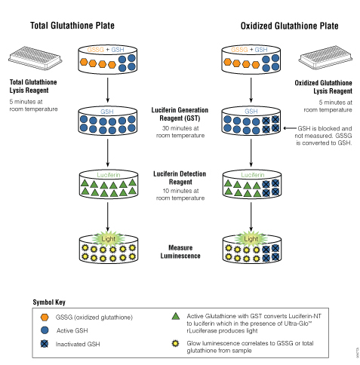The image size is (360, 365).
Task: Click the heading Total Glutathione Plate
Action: pyautogui.click(x=72, y=26)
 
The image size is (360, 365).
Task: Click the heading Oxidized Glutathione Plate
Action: pyautogui.click(x=289, y=26)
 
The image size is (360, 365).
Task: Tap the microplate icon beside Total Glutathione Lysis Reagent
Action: pyautogui.click(x=35, y=58)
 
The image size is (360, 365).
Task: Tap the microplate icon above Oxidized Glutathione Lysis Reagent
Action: pyautogui.click(x=325, y=57)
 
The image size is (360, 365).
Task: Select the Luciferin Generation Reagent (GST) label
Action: pyautogui.click(x=180, y=114)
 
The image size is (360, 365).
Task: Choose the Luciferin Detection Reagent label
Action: pyautogui.click(x=180, y=178)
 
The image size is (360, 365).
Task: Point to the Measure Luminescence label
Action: pyautogui.click(x=180, y=252)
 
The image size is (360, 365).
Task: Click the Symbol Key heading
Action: pyautogui.click(x=49, y=302)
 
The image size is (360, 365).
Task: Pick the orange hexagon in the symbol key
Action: pyautogui.click(x=45, y=317)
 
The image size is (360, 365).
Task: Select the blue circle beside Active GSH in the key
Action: pyautogui.click(x=45, y=330)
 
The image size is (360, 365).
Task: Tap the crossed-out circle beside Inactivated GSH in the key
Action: pyautogui.click(x=45, y=344)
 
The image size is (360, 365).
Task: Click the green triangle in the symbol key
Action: pyautogui.click(x=176, y=316)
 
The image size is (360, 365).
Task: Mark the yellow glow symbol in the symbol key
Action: pyautogui.click(x=175, y=343)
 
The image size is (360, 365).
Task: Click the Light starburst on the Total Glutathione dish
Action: pyautogui.click(x=109, y=238)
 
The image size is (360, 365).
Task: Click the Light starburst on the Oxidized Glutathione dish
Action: pyautogui.click(x=251, y=238)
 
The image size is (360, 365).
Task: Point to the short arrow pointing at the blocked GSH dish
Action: pyautogui.click(x=290, y=128)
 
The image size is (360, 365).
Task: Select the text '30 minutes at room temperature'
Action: pyautogui.click(x=180, y=132)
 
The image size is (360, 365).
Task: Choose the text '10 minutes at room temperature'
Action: pyautogui.click(x=180, y=195)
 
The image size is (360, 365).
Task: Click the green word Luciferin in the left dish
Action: pyautogui.click(x=109, y=175)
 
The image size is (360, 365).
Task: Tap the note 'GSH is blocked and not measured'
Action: pyautogui.click(x=324, y=132)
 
